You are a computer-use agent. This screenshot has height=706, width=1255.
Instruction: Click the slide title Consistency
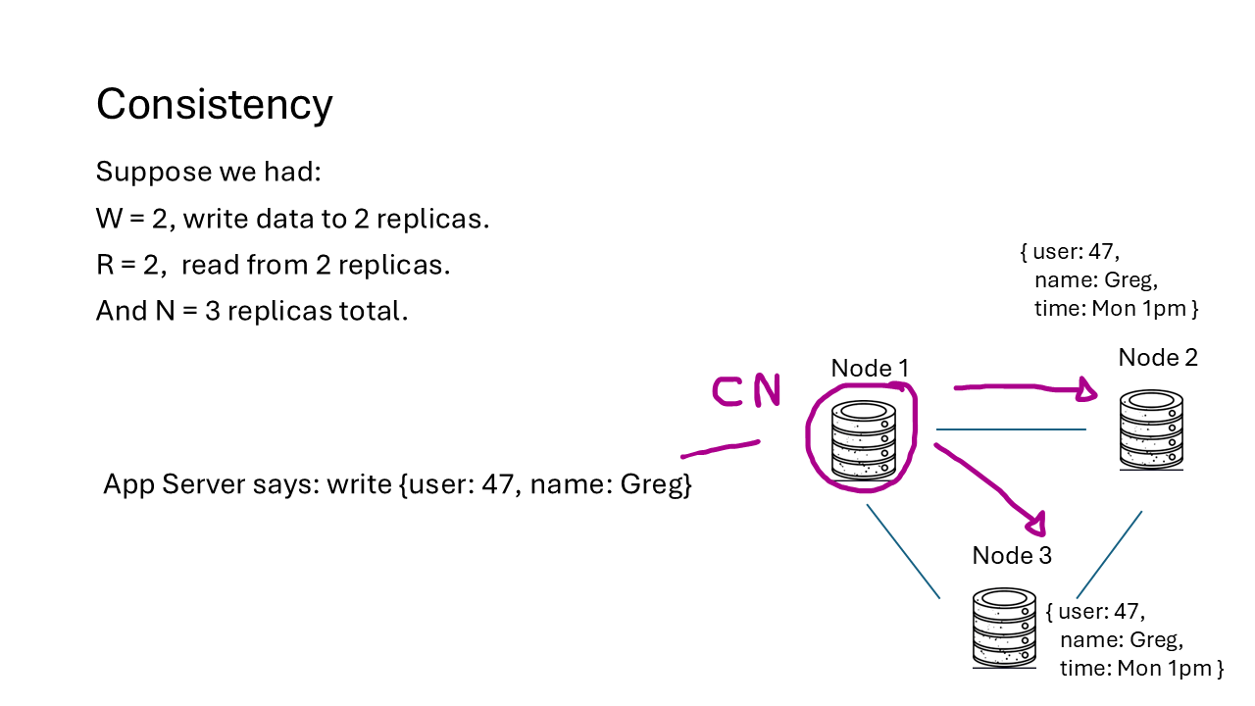point(214,105)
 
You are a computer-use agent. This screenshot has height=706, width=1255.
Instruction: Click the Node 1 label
point(870,368)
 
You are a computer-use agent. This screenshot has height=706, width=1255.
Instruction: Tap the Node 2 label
point(1158,358)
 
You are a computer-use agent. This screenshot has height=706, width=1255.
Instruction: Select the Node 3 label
point(1012,556)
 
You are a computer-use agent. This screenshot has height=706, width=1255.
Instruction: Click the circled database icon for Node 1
point(863,440)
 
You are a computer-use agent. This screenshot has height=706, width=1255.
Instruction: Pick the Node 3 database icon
point(1004,628)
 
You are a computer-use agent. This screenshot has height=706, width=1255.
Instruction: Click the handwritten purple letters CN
point(746,390)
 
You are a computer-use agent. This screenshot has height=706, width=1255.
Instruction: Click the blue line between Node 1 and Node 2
point(1010,429)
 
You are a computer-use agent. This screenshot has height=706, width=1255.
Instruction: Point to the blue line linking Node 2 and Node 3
point(1109,554)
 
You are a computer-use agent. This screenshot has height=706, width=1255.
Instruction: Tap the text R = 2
point(129,266)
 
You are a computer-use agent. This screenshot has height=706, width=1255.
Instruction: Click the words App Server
point(162,484)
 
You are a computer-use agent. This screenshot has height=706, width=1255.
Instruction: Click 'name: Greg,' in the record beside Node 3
point(1121,640)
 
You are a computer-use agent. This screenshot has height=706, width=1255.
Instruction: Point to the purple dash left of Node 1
point(721,449)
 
